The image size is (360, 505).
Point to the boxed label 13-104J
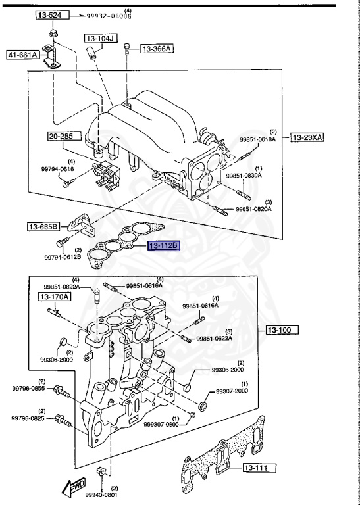coord(100,39)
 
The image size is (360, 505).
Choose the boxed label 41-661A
coord(23,55)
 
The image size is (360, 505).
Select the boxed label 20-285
coord(64,137)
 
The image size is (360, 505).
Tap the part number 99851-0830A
coord(244,176)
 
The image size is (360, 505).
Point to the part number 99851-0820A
coord(253,209)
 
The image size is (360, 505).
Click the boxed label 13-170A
coord(54,297)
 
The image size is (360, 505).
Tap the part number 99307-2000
coord(230,391)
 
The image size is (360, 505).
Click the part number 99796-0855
coord(27,389)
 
